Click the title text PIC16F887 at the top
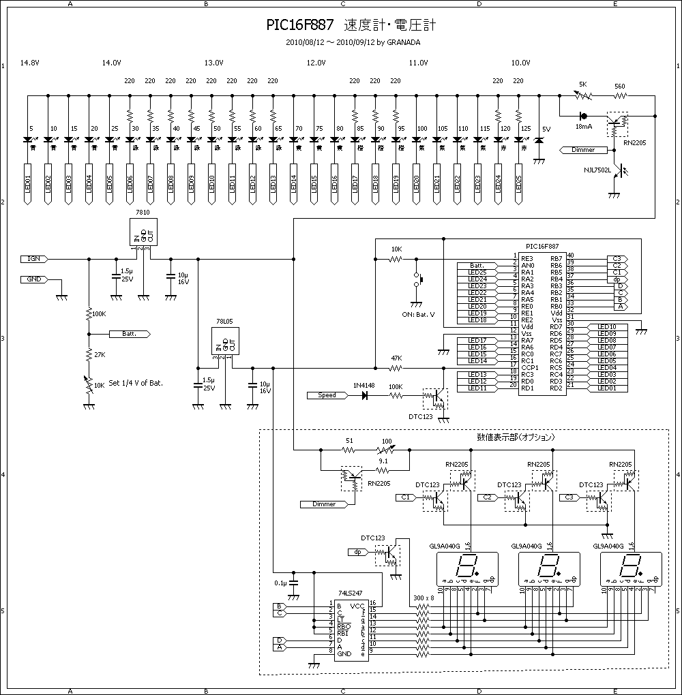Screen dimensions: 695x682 coord(300,25)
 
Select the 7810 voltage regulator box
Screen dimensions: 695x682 coord(143,232)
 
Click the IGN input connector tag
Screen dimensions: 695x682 coord(35,259)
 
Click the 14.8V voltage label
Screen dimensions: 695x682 coord(30,63)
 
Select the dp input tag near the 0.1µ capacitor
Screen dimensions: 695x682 coord(357,552)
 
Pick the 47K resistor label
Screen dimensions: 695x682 coord(396,358)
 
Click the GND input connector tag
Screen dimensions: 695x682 coord(34,279)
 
